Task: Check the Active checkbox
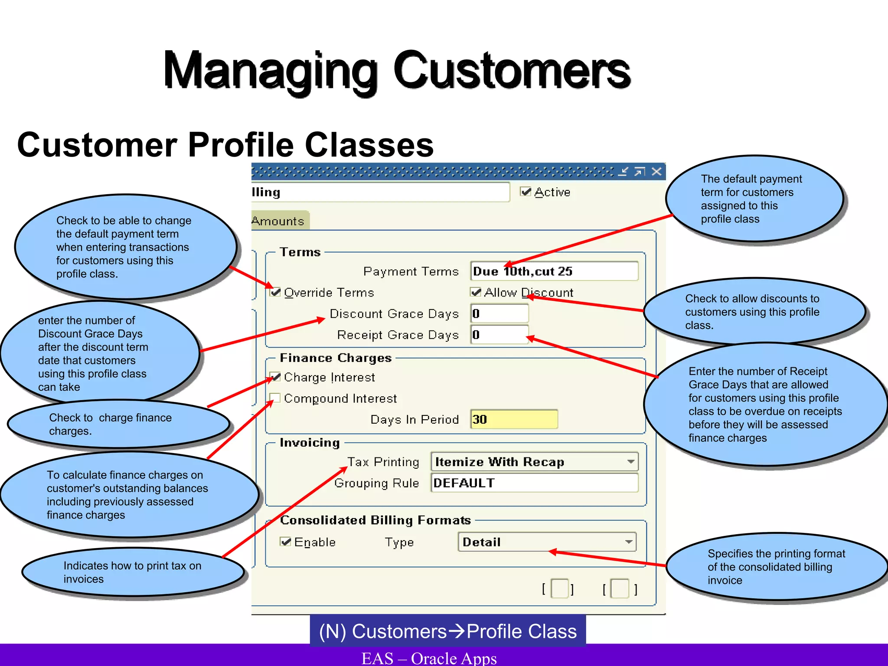point(526,192)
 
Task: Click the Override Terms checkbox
point(275,292)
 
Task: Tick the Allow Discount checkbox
point(476,292)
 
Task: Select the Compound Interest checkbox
point(275,398)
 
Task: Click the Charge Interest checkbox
point(275,377)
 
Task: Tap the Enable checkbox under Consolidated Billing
point(285,542)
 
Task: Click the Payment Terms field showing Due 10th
point(554,271)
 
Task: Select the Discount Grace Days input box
point(499,313)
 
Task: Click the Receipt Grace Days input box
point(499,334)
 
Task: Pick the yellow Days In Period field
point(514,419)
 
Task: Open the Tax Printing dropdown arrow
point(631,462)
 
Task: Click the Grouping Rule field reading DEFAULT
point(534,483)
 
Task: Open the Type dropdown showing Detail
point(628,542)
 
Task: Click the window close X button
point(656,171)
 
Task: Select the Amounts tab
point(278,221)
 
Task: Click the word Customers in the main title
point(512,70)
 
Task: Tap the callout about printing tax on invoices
point(132,572)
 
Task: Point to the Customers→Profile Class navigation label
point(447,631)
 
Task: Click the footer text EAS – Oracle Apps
point(429,658)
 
